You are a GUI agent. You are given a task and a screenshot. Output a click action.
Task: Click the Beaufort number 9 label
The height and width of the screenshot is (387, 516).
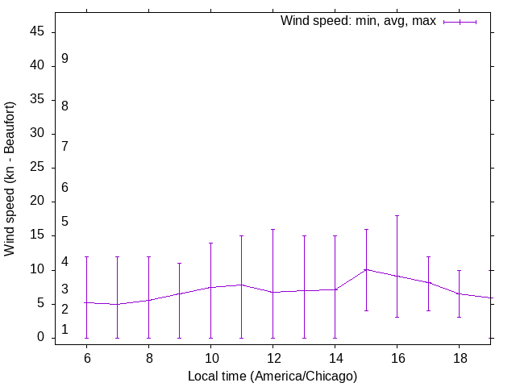(64, 59)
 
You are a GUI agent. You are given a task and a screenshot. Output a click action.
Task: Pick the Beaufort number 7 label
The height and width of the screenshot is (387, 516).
(64, 146)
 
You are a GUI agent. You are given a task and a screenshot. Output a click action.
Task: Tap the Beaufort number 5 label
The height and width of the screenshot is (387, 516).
(64, 222)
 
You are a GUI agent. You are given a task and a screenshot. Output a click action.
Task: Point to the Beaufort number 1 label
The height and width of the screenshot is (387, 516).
(64, 329)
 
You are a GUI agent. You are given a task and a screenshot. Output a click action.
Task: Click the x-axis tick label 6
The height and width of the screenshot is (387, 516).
(86, 357)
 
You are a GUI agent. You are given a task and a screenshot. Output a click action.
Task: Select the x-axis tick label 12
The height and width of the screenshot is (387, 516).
(273, 357)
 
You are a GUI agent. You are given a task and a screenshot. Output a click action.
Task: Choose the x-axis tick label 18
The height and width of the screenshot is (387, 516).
(459, 357)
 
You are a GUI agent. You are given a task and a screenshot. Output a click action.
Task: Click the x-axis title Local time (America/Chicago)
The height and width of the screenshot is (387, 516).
(273, 376)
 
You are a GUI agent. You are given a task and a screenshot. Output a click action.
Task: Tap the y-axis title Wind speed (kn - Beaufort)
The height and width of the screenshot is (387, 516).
(10, 179)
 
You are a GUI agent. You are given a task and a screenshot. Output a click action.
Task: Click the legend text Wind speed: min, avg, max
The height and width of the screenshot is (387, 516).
(358, 21)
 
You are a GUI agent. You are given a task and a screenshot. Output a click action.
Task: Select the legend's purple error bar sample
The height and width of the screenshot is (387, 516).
(460, 22)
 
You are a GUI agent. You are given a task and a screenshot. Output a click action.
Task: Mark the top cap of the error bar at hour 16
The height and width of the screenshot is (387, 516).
(397, 216)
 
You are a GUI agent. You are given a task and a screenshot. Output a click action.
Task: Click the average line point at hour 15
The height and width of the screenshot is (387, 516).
(366, 269)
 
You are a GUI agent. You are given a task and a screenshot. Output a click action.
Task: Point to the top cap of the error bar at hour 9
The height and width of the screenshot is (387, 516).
(179, 263)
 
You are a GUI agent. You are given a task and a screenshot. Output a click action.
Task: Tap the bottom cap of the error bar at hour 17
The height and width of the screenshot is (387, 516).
(428, 310)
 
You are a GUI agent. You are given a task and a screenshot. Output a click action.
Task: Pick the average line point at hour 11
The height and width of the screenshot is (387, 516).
(241, 285)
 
